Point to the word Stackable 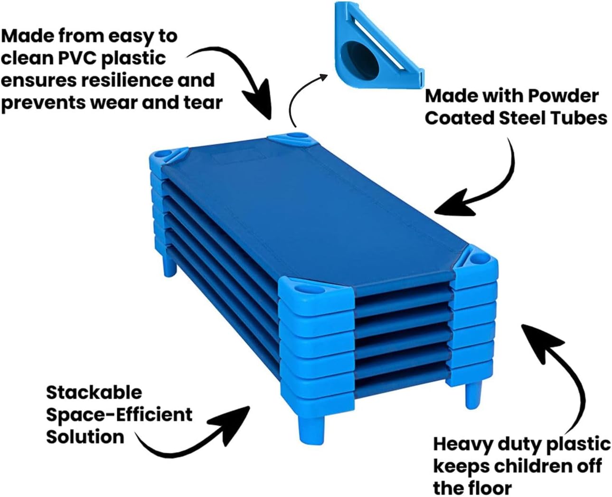point(94,392)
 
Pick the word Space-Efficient point(119,415)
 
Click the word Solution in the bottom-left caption point(85,437)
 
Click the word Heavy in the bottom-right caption point(463,444)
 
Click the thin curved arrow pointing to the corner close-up point(304,95)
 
